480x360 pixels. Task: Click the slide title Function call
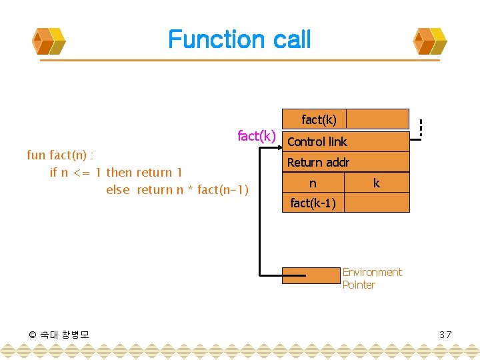tap(239, 39)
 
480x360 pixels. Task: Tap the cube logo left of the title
tap(49, 41)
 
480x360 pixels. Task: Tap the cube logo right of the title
tap(431, 41)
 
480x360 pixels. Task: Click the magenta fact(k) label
tap(257, 136)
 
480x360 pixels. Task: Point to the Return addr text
tap(318, 163)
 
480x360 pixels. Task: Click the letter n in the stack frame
tap(313, 183)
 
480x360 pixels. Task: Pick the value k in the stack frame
tap(377, 183)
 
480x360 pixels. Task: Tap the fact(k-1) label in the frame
tap(313, 203)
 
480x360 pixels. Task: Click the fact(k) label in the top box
tap(319, 120)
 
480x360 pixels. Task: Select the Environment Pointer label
tap(371, 279)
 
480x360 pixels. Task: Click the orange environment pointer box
tap(311, 275)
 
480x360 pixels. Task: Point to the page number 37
tap(445, 334)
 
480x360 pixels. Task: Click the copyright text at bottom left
tap(59, 334)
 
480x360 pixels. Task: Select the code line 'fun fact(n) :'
tap(59, 155)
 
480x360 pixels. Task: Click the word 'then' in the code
tap(119, 173)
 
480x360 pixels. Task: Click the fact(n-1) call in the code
tap(223, 190)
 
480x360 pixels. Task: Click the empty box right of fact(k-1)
tap(377, 203)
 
